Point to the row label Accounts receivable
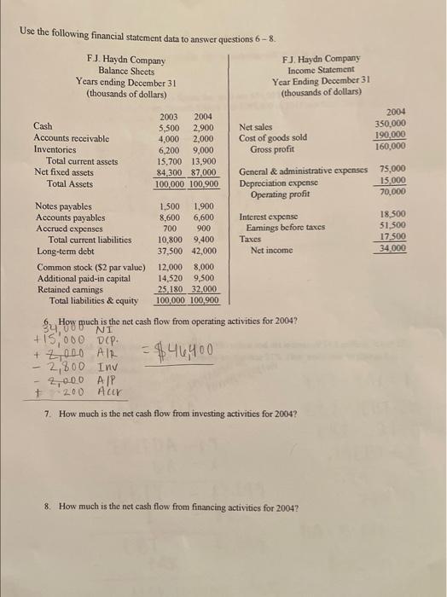pyautogui.click(x=71, y=137)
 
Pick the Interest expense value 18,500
pyautogui.click(x=392, y=217)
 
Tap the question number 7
pyautogui.click(x=46, y=414)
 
